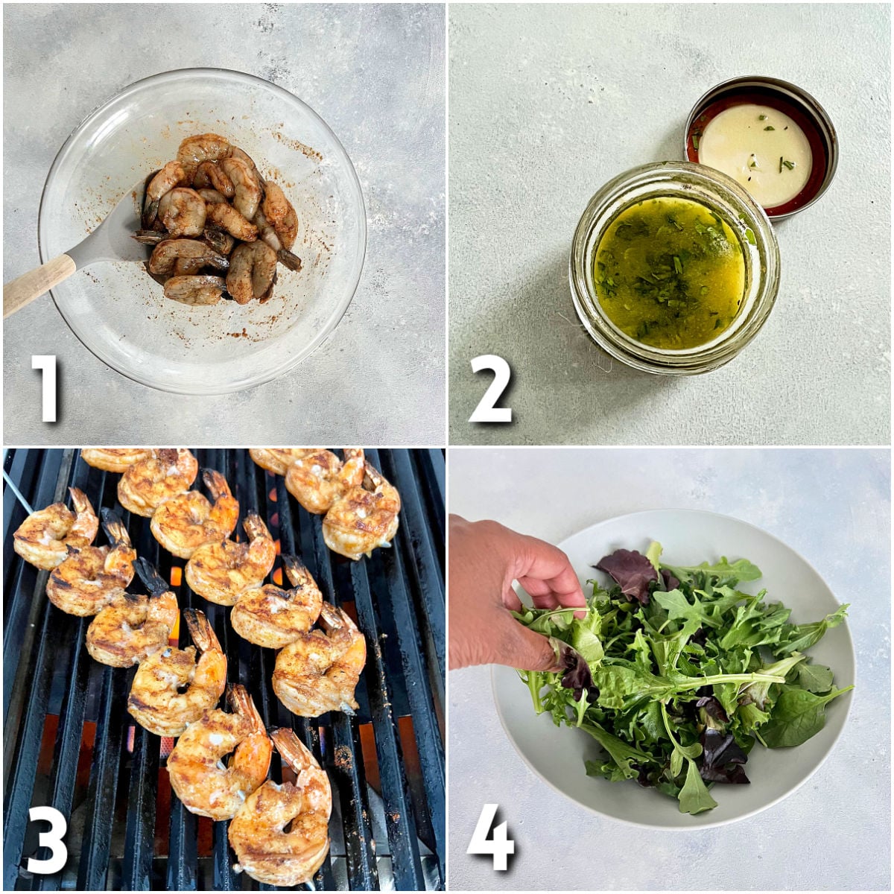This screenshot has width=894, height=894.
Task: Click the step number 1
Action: (46, 387)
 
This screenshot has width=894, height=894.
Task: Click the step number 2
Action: (490, 387)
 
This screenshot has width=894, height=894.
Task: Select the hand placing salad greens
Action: (507, 589)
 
